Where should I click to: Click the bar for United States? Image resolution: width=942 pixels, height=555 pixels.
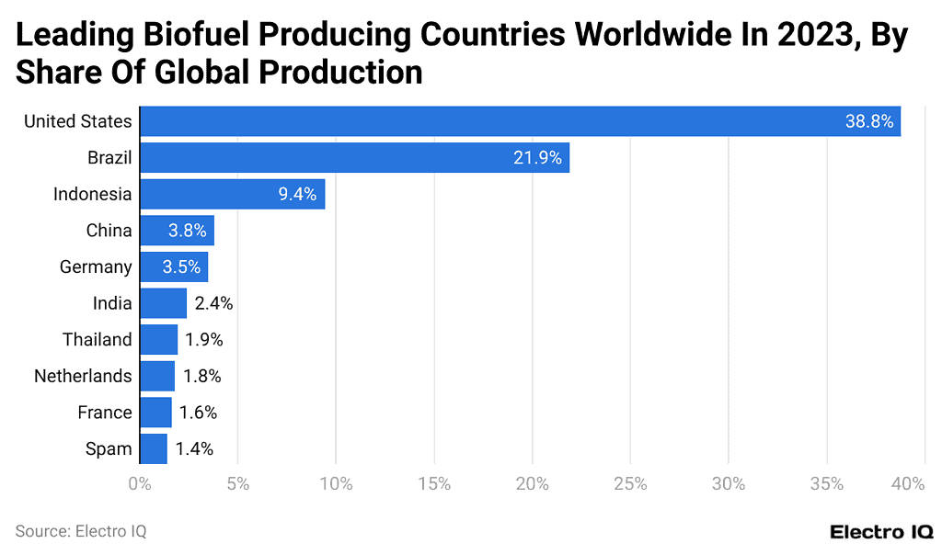point(520,121)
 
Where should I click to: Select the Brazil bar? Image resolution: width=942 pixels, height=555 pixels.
point(354,158)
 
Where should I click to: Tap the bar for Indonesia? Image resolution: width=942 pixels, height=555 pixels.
point(232,194)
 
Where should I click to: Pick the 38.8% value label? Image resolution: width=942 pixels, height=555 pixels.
point(869,121)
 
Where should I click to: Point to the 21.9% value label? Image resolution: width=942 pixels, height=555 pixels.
point(537,158)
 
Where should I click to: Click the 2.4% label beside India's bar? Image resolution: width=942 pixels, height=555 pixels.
point(213,303)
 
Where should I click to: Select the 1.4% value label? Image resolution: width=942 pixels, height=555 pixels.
point(194,449)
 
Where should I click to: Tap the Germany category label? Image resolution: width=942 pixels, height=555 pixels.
point(96,267)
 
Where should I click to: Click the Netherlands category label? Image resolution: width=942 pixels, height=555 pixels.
point(83,376)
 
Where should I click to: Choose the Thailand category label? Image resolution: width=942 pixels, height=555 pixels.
point(98,340)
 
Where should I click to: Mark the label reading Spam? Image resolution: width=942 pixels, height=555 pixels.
point(109,449)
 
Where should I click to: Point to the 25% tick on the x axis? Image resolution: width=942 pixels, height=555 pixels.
point(630,483)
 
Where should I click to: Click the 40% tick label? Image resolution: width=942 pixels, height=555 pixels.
point(908,483)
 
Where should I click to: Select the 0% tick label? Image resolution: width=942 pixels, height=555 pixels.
point(140,483)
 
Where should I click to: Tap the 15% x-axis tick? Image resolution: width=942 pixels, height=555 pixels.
point(433,483)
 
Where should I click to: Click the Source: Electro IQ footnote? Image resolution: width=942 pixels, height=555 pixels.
point(81,531)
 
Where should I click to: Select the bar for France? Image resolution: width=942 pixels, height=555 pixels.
point(155,413)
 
